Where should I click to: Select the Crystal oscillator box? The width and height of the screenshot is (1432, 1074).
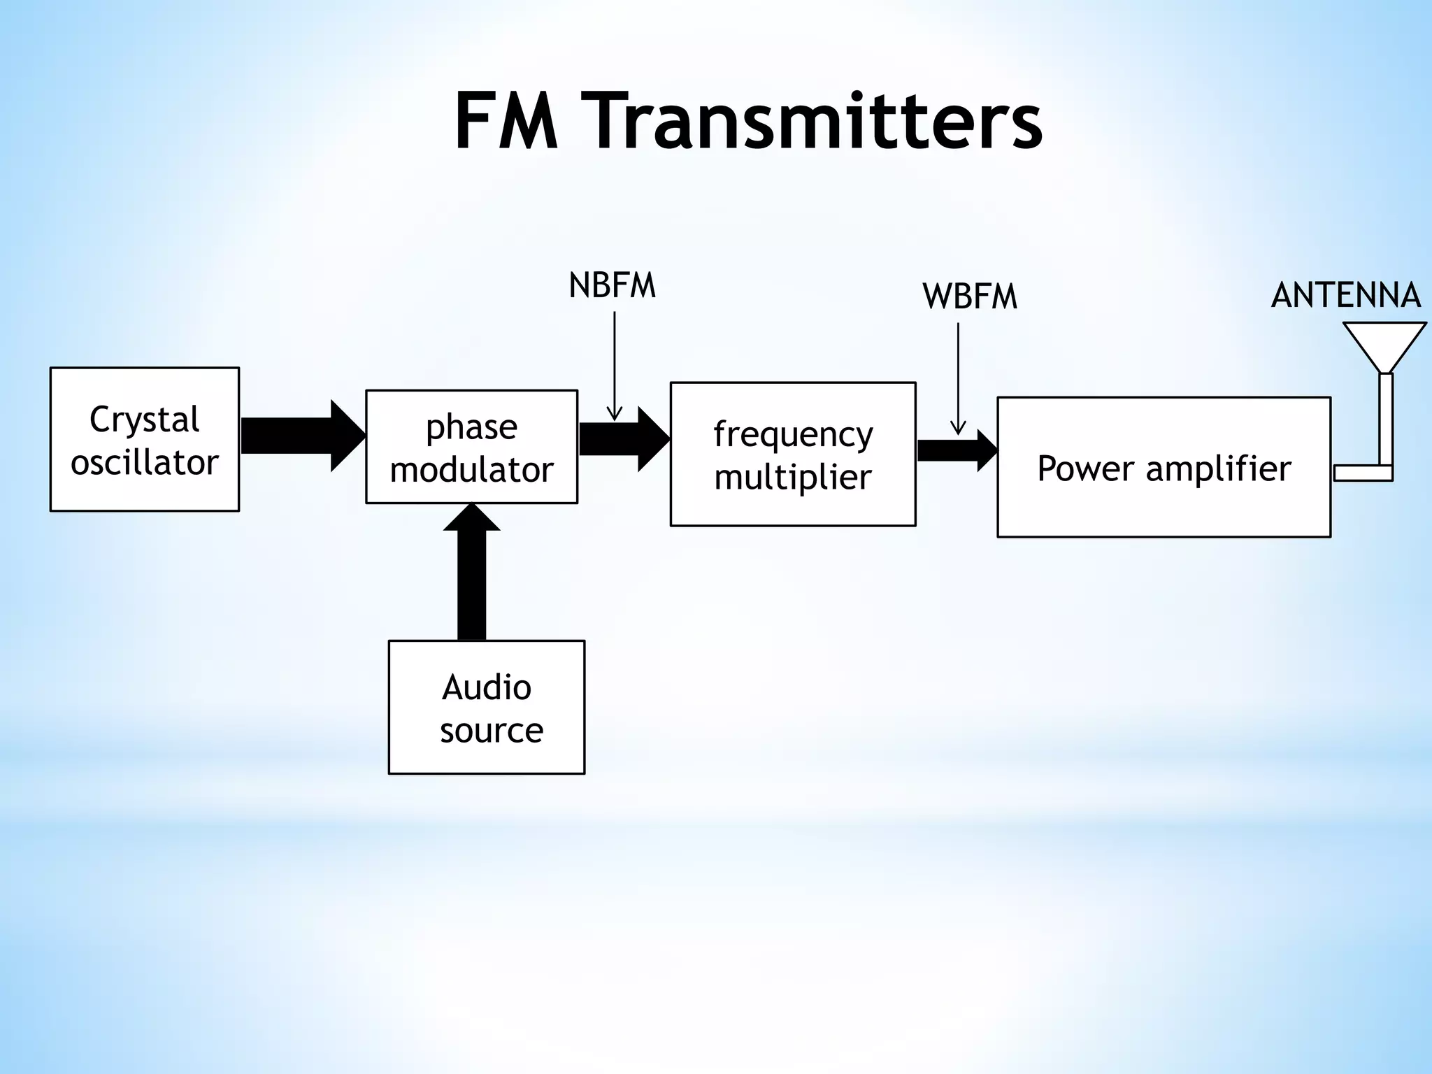click(145, 440)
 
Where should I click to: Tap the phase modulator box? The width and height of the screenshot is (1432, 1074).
click(471, 447)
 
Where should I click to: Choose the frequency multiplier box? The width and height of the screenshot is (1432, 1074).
click(792, 454)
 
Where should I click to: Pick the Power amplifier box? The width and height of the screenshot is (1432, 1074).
click(1163, 467)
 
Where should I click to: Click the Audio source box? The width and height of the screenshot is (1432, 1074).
click(487, 707)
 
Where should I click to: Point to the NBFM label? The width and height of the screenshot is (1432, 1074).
click(612, 286)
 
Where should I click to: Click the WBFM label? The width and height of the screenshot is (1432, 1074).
click(969, 296)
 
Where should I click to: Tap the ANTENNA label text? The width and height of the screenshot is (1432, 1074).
click(1345, 295)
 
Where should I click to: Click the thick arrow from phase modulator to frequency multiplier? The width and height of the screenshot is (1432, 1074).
click(622, 439)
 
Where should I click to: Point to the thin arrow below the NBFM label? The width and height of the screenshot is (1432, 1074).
click(614, 364)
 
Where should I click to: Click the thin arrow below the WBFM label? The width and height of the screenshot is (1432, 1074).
click(958, 378)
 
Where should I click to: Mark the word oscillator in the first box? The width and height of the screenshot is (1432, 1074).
click(145, 462)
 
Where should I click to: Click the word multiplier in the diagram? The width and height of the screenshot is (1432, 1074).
click(792, 477)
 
